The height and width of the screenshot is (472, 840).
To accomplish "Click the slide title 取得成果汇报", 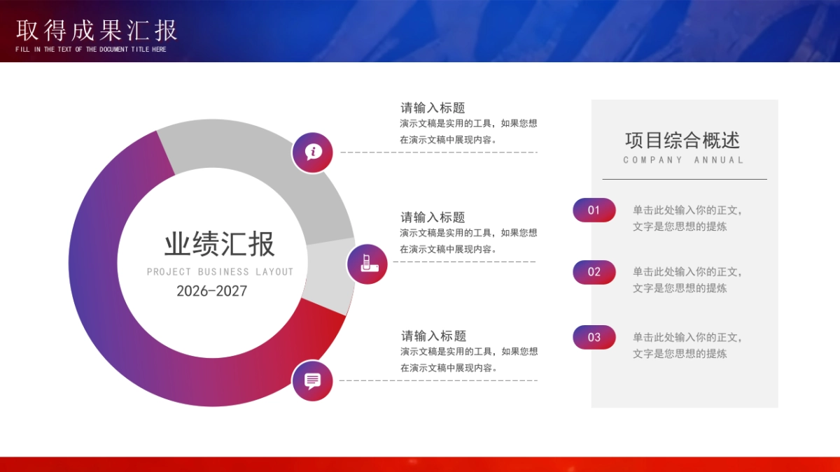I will tap(97, 30).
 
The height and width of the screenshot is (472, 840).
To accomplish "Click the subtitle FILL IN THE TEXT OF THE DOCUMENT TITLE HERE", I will tap(91, 50).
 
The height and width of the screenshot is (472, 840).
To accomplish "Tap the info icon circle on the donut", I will tap(312, 152).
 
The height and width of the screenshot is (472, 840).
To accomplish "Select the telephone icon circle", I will tap(367, 264).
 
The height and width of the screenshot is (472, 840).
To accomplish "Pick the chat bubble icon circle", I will tap(312, 380).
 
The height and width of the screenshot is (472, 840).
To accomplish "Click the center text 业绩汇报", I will tap(220, 244).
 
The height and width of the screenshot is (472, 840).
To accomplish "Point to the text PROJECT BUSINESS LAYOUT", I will tap(220, 272).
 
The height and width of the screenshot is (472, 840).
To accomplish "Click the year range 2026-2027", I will tap(211, 291).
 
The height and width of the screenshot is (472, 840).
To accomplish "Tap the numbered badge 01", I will tap(594, 210).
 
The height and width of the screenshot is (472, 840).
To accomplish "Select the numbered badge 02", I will tap(594, 272).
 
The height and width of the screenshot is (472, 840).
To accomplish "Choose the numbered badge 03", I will tap(594, 337).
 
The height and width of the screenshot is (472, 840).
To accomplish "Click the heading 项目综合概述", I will tap(682, 141).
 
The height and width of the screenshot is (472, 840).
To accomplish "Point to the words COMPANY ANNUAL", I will tap(683, 160).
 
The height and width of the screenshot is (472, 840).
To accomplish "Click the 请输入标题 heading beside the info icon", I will tap(433, 108).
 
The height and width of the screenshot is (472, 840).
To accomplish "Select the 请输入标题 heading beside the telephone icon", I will tap(433, 217).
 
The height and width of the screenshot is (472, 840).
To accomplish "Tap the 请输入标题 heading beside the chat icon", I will tap(433, 336).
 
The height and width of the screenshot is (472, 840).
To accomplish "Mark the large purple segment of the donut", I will tap(98, 280).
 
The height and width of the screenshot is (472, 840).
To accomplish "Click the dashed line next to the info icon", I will tap(439, 152).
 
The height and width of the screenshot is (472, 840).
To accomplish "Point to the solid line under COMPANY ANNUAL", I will tap(685, 180).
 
